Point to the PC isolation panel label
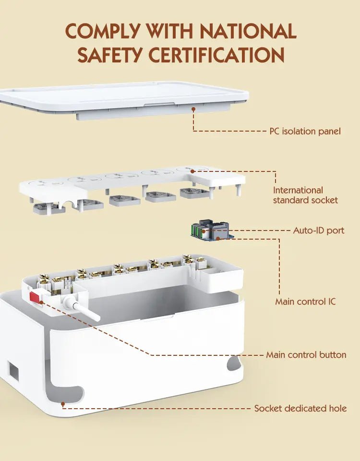click(305, 131)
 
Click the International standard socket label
click(305, 195)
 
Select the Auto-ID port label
click(319, 230)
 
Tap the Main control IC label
click(305, 302)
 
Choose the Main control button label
click(306, 355)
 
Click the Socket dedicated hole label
click(300, 408)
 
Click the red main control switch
click(35, 297)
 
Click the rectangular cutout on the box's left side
click(13, 372)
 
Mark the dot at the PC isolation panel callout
click(193, 109)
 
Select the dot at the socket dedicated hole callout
click(62, 404)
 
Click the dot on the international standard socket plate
click(192, 171)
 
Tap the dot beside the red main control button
click(41, 302)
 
